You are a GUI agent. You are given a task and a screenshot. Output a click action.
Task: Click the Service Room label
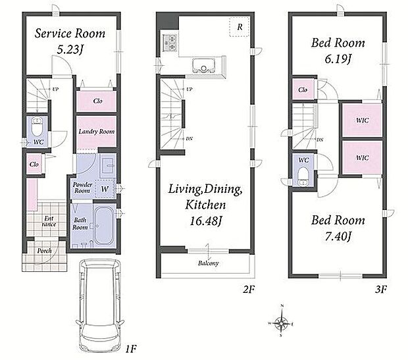coord(70,34)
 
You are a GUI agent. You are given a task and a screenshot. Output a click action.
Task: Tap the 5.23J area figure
coord(70,49)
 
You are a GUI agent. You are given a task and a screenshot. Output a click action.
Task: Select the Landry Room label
coord(97,132)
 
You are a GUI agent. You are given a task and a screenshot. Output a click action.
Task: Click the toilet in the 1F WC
coord(37,126)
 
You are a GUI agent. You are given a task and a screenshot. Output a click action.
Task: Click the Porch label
coord(44,251)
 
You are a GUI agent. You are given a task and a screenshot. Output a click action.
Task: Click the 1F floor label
coord(131,349)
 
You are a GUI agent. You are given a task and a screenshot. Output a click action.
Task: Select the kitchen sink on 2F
coord(203,65)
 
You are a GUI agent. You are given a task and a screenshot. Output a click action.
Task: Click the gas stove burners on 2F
coord(169,43)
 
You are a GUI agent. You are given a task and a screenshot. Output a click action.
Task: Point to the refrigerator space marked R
coord(240,27)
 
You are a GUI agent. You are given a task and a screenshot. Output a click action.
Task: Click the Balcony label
coord(208,263)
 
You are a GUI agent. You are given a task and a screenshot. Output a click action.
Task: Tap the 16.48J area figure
coord(205,221)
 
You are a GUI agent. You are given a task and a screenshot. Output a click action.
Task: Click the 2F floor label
coord(249,289)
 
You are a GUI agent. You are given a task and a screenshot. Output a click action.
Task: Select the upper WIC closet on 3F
coord(362,120)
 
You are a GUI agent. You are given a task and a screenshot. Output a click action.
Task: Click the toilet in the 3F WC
coord(303,176)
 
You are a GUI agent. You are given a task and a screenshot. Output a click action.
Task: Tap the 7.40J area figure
coord(338,237)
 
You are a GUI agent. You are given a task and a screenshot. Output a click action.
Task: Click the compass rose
coord(281,323)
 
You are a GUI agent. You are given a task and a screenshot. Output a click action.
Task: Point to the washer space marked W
coord(105,189)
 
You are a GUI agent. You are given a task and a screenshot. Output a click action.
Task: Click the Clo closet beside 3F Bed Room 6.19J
coord(303,90)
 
